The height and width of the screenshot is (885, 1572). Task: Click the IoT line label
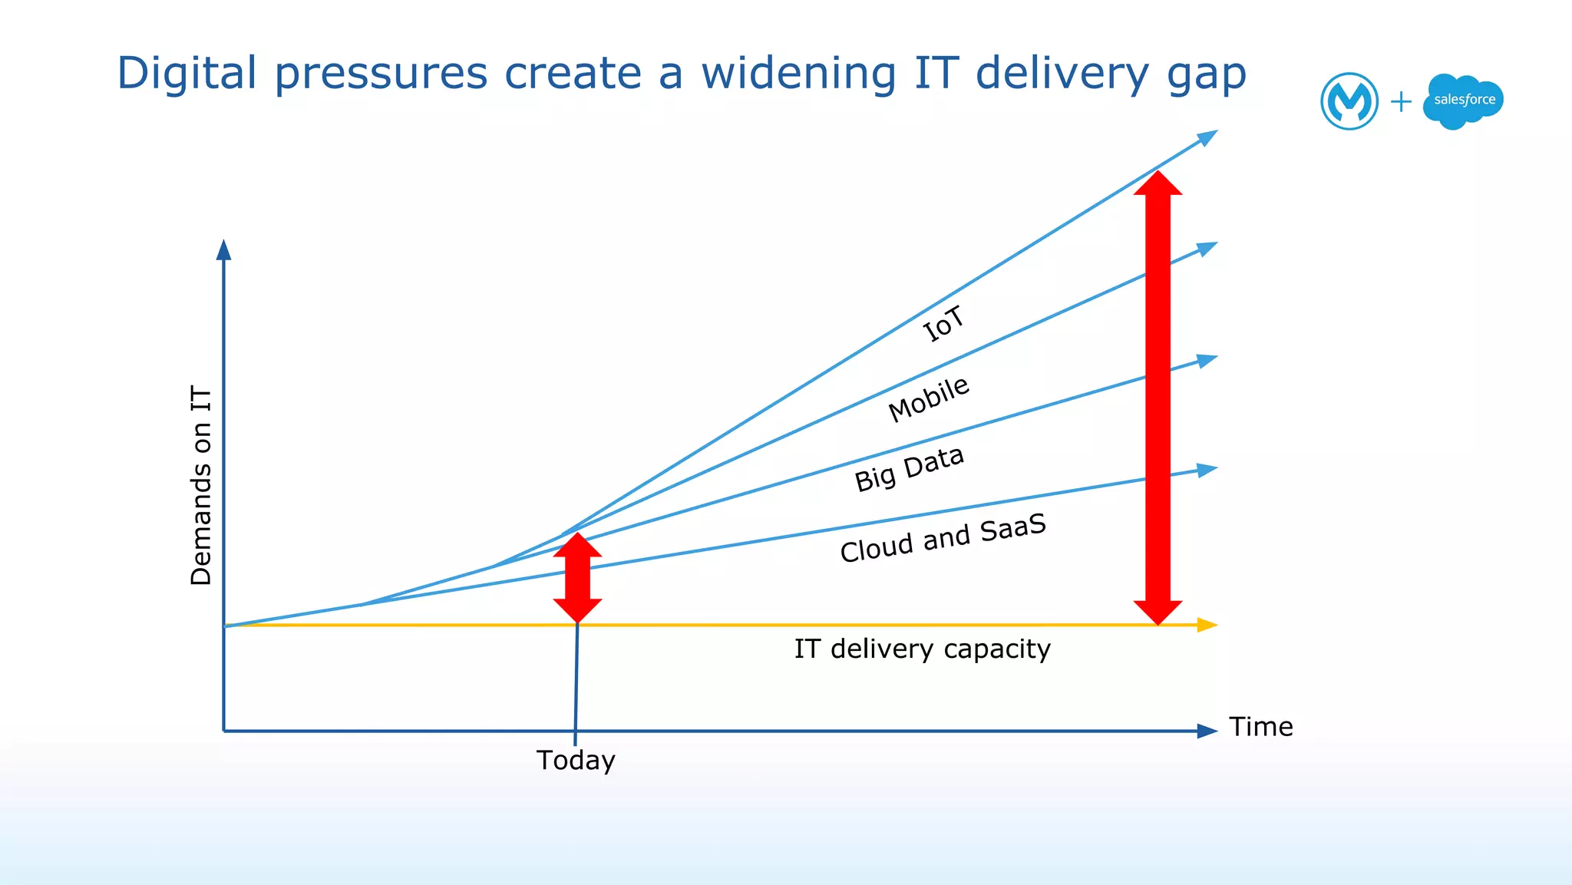943,323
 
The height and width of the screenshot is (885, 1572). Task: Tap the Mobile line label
929,398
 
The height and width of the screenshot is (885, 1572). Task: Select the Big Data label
909,467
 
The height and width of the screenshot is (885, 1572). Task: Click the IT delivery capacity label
922,649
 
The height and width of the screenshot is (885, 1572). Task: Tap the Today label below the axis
576,760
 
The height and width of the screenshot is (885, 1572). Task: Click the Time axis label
1260,726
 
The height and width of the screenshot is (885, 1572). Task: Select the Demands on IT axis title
201,485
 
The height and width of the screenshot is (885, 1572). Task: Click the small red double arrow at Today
577,578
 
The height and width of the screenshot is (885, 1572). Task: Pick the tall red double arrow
1158,398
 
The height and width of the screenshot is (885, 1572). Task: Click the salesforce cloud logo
1463,101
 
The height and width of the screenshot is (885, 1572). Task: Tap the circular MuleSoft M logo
1349,101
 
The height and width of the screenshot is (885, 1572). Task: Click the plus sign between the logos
1401,101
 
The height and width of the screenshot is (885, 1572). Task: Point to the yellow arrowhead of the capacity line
1207,625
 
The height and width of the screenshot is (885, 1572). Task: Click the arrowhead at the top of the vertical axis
223,250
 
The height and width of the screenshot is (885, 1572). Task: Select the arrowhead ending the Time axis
1207,731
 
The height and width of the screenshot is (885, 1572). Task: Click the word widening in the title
798,74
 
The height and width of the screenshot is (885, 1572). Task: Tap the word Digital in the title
187,74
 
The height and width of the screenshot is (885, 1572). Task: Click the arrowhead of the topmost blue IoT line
1207,137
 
